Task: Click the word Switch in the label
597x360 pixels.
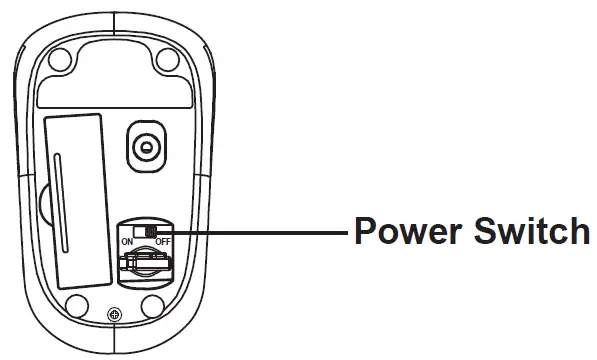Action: pos(529,234)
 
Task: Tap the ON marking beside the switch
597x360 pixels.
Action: pos(127,242)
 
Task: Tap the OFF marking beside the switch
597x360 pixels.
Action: pos(163,242)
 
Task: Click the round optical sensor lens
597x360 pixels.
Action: pos(148,147)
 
